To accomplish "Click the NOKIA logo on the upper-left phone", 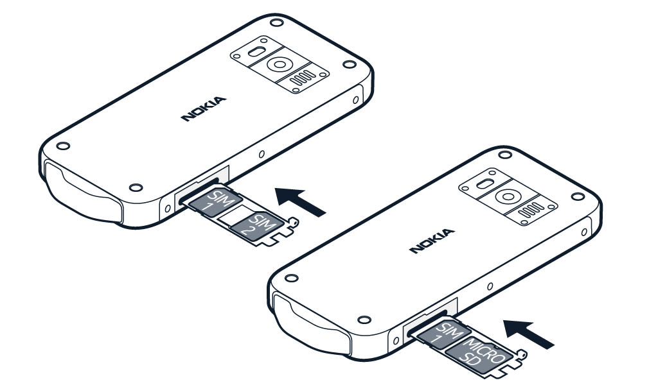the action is tap(204, 109).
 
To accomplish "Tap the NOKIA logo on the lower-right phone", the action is tap(432, 241).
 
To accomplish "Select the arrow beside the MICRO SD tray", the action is tap(529, 334).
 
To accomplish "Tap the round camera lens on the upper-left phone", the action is tap(280, 65).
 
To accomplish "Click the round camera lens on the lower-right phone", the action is tap(508, 197).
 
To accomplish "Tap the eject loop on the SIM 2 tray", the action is tap(294, 221).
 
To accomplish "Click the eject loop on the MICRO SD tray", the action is tap(522, 354).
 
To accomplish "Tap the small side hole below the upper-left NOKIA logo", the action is tap(262, 154).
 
